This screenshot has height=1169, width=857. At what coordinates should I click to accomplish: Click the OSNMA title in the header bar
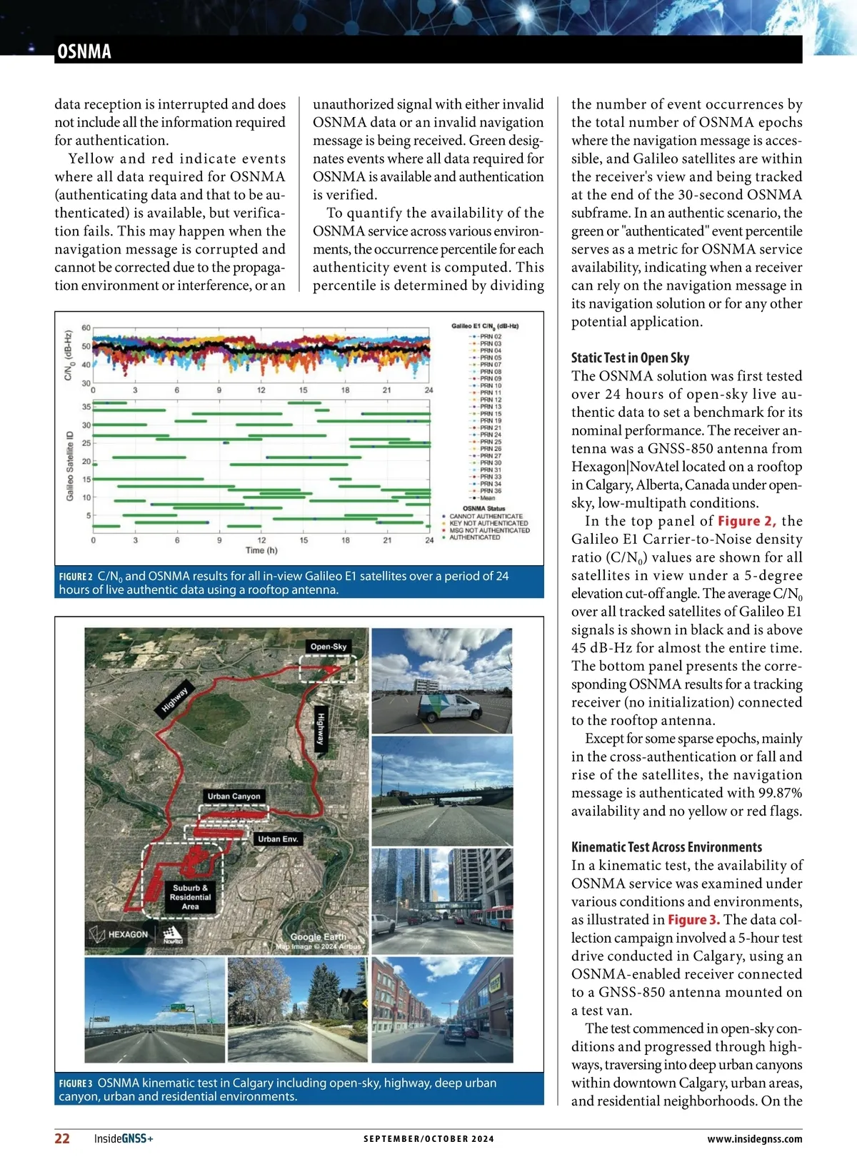click(x=84, y=51)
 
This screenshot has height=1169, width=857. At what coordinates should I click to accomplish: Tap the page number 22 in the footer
click(x=62, y=1138)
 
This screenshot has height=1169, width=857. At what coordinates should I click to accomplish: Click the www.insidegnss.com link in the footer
click(x=754, y=1139)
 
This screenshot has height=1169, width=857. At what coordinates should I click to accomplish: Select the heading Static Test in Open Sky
click(x=630, y=358)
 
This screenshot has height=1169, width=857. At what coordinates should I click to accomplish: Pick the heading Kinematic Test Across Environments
click(x=666, y=847)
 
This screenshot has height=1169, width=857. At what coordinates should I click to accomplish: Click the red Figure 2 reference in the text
click(x=746, y=521)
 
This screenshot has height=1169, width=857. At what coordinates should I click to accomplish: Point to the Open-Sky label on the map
click(x=329, y=647)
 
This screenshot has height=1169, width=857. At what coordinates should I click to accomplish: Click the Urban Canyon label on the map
click(x=234, y=796)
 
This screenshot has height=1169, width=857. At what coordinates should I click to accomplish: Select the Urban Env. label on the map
click(x=278, y=839)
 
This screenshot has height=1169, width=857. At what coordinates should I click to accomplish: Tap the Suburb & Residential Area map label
click(x=190, y=897)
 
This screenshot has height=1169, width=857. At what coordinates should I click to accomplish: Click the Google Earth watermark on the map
click(x=318, y=937)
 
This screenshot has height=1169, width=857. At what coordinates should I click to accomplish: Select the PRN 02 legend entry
click(x=490, y=336)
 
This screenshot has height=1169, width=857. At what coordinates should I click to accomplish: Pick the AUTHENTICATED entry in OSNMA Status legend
click(x=474, y=537)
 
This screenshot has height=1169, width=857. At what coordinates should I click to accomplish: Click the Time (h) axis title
click(x=261, y=550)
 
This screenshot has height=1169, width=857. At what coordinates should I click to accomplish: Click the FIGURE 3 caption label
click(x=76, y=1083)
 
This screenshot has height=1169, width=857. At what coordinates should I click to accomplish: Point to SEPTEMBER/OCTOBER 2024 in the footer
click(x=428, y=1139)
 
